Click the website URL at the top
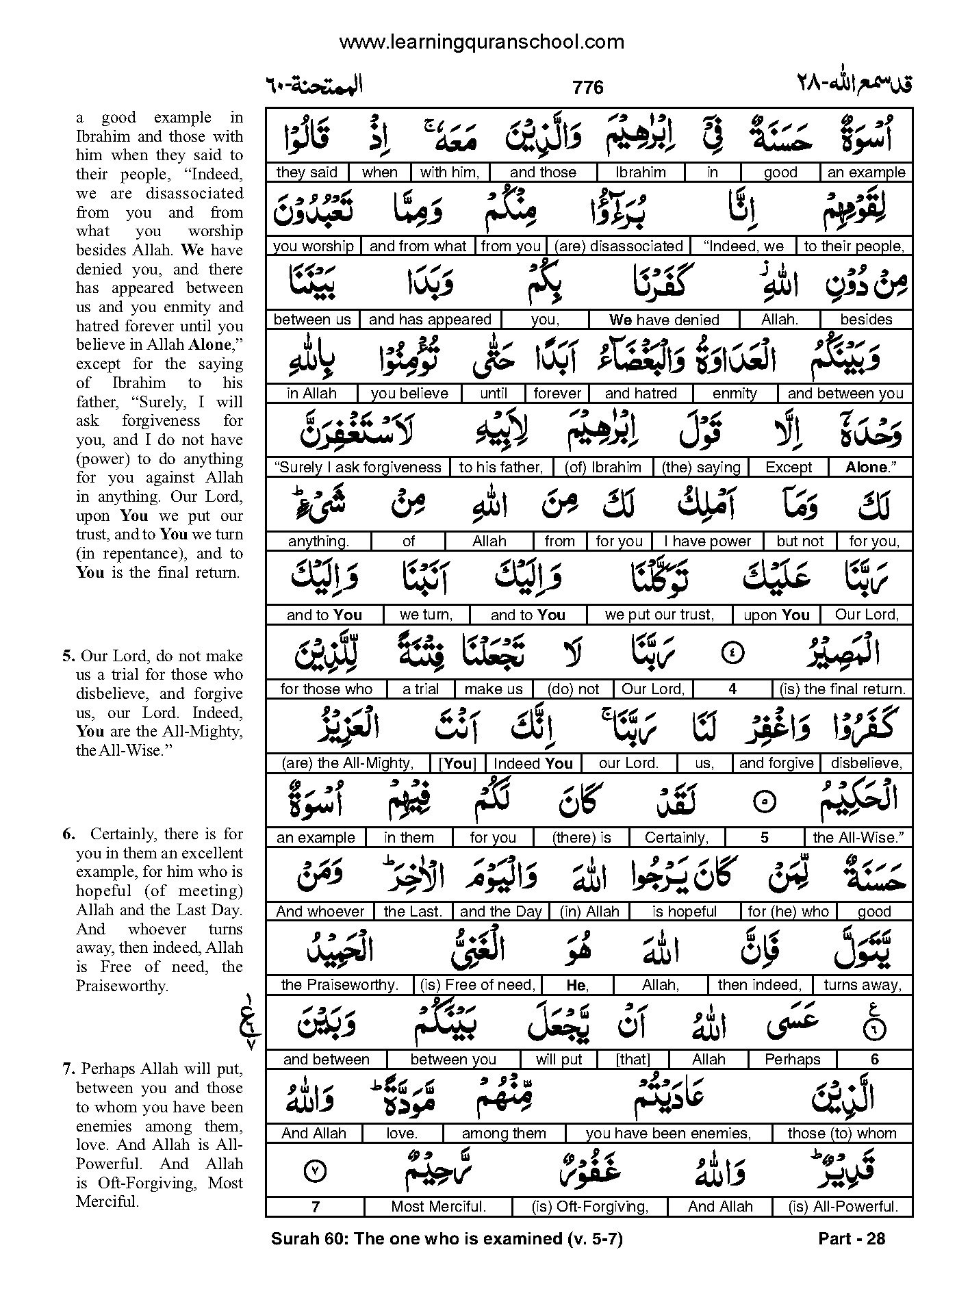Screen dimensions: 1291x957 point(481,42)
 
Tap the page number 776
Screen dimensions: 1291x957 point(588,88)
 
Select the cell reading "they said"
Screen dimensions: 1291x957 point(306,172)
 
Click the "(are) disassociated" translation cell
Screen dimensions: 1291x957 point(619,246)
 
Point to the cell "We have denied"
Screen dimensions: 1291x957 point(664,320)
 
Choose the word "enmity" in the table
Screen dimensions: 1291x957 point(735,394)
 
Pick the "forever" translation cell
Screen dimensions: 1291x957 point(557,394)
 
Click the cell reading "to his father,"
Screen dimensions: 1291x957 point(501,468)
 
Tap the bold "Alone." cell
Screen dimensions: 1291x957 point(870,468)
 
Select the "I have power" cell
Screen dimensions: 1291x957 point(708,541)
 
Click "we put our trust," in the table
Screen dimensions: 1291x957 point(659,615)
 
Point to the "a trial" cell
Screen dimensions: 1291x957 point(420,689)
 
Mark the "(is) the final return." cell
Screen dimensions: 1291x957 point(842,689)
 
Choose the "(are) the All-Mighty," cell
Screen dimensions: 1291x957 point(348,763)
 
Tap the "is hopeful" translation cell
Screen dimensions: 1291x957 point(685,912)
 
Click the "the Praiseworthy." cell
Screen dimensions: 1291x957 point(340,985)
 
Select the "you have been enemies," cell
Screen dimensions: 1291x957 point(668,1134)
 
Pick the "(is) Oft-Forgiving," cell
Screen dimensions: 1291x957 point(589,1207)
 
